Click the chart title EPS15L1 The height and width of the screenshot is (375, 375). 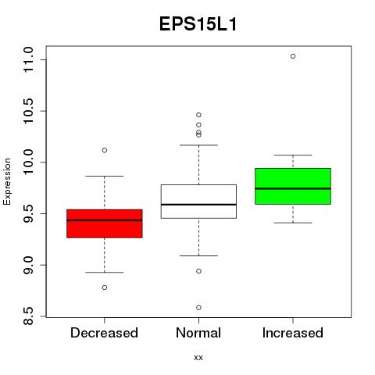click(x=198, y=24)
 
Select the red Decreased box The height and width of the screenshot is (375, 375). click(x=105, y=223)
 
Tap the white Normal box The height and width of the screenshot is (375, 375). click(x=198, y=202)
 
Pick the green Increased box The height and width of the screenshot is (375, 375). click(x=293, y=186)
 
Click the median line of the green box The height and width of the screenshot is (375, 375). click(x=293, y=188)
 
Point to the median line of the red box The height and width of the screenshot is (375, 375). click(x=105, y=220)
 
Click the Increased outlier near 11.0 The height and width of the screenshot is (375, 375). click(x=293, y=56)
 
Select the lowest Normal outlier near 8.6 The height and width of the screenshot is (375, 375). click(x=198, y=308)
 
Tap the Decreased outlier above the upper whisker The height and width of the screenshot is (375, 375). click(x=105, y=150)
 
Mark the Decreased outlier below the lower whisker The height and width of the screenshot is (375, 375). click(x=105, y=287)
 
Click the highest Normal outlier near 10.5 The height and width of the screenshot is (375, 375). click(x=198, y=115)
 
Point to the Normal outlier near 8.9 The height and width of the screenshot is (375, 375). click(x=198, y=271)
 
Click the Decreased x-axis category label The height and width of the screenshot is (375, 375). click(x=104, y=333)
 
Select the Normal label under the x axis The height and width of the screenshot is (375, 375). click(x=198, y=333)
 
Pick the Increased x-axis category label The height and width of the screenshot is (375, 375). click(x=293, y=333)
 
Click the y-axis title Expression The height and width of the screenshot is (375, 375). click(x=7, y=181)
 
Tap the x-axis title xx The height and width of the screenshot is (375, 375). click(x=198, y=358)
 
